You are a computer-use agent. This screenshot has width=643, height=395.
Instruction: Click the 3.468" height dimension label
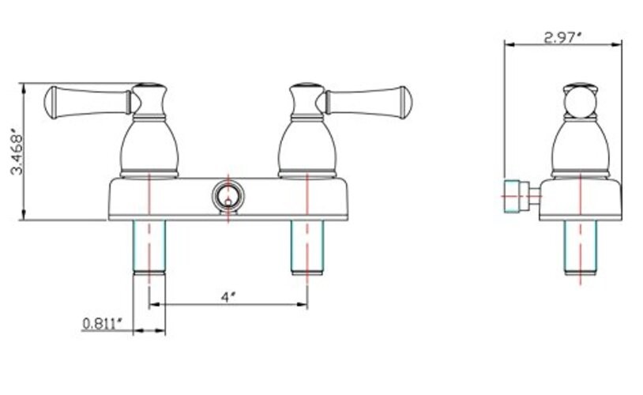pos(17,152)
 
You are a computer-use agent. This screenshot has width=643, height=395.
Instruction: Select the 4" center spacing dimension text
pos(227,296)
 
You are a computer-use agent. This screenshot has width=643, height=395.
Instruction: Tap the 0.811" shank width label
pos(102,324)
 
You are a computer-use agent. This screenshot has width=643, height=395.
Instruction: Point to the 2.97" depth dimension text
pos(562,38)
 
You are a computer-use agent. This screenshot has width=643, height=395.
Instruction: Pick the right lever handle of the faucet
pos(368,103)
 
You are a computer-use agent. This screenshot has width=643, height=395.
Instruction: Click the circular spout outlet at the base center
pos(228,195)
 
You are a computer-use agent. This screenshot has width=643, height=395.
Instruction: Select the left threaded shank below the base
pos(149,247)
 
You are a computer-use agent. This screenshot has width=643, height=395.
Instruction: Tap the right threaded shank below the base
pos(307,247)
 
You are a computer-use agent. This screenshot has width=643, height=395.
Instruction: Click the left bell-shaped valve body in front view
pos(149,149)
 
